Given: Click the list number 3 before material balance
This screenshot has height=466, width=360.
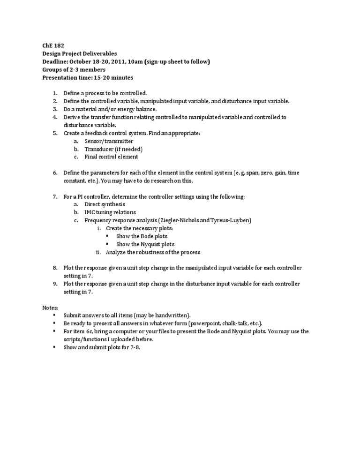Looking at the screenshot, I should (x=54, y=109).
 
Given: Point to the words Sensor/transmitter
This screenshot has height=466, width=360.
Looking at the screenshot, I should (x=109, y=141).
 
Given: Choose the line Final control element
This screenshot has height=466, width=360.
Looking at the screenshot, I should (x=111, y=157).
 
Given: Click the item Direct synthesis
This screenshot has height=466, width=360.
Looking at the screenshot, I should (x=105, y=204).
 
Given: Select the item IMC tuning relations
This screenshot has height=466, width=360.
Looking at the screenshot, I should (x=110, y=212).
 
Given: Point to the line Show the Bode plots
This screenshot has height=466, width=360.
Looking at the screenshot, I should (x=142, y=236).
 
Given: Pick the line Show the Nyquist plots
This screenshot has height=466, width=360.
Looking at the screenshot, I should (x=145, y=244).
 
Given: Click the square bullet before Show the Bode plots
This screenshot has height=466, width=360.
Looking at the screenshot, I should (x=107, y=236).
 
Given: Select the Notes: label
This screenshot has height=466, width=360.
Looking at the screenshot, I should (x=50, y=308).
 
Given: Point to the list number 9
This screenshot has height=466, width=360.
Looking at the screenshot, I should (x=54, y=284).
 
